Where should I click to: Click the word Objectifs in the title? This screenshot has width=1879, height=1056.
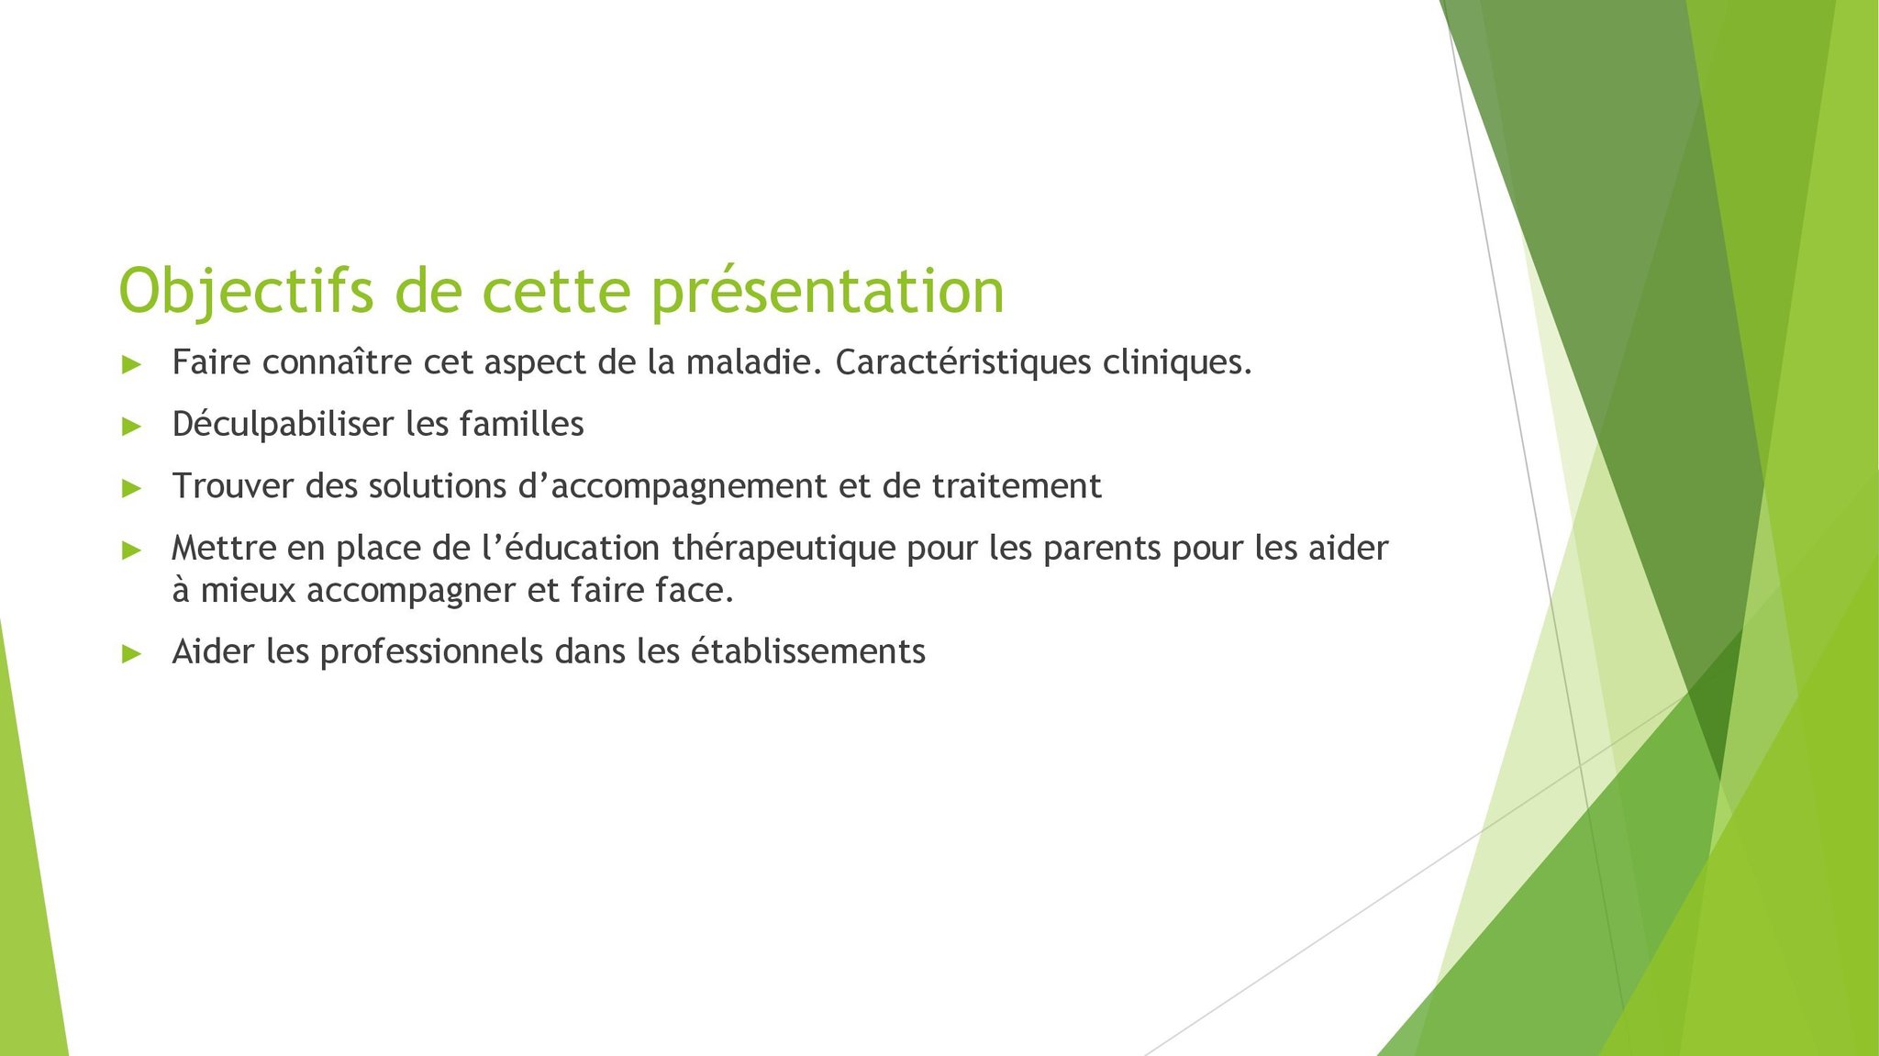tap(246, 292)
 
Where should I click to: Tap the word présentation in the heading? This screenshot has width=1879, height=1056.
tap(828, 292)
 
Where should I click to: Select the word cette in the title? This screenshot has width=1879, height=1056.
tap(557, 292)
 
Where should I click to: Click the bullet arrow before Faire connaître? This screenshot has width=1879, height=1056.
tap(131, 364)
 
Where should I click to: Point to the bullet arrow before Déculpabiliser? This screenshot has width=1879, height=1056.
tap(131, 426)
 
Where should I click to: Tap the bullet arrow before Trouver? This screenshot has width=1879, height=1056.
tap(131, 488)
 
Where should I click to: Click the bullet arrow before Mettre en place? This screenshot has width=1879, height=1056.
tap(131, 550)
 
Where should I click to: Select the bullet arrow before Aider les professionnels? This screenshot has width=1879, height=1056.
tap(131, 653)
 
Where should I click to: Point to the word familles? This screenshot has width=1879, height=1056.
tap(521, 424)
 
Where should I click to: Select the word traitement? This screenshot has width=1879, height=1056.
tap(1017, 486)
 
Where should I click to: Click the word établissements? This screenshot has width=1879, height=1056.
tap(807, 651)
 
